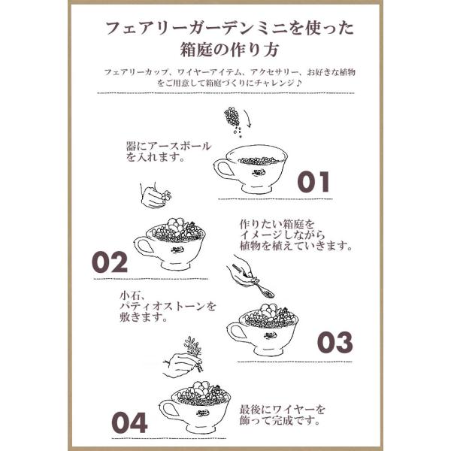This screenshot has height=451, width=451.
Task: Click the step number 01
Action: point(313,182)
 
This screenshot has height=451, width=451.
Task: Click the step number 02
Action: point(110,262)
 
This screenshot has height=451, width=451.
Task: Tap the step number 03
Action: point(334,342)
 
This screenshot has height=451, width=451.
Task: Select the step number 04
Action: point(130,422)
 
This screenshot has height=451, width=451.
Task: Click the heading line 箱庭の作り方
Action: point(229,50)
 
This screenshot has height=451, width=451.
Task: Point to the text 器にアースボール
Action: point(169,146)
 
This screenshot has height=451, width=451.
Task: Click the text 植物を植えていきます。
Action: point(296,247)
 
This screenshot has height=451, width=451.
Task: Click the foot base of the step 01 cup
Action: point(257,189)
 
